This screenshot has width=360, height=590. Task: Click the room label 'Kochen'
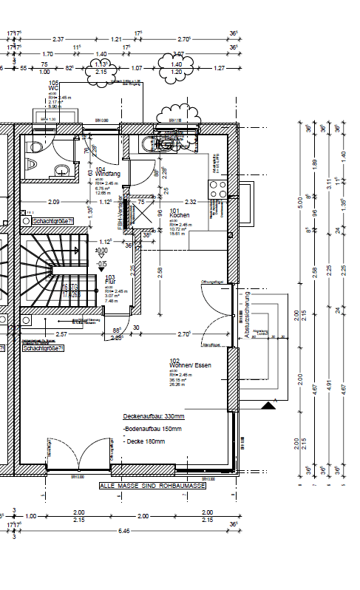pos(180,215)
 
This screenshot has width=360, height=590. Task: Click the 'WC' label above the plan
pos(52,89)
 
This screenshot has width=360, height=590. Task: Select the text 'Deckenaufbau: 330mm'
pos(154,416)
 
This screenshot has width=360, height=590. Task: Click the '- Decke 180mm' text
pos(145,441)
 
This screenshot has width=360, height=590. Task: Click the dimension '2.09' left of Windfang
pos(53,201)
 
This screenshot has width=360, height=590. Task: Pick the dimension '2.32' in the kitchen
pos(191,201)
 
